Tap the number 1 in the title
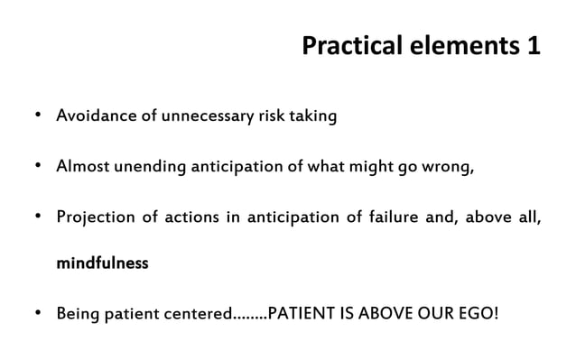(x=532, y=46)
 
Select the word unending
(x=146, y=168)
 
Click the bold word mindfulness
(x=102, y=265)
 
